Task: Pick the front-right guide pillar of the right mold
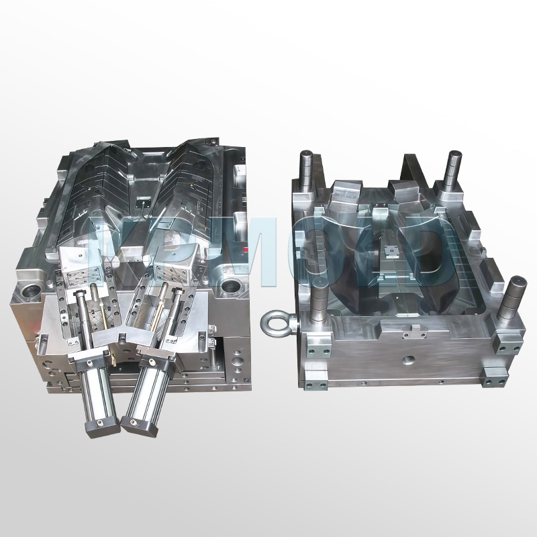tap(515, 295)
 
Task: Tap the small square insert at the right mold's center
tap(389, 252)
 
